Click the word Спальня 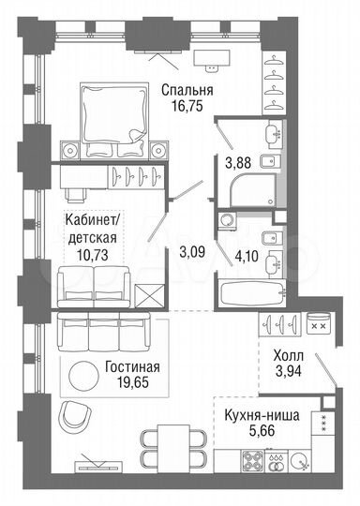pyautogui.click(x=187, y=90)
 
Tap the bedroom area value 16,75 pyautogui.click(x=187, y=107)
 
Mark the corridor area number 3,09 pyautogui.click(x=191, y=250)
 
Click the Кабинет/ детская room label pyautogui.click(x=92, y=229)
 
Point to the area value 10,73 pyautogui.click(x=92, y=254)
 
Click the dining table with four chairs pyautogui.click(x=169, y=440)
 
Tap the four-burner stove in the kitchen pyautogui.click(x=254, y=461)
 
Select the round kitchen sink pyautogui.click(x=298, y=461)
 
